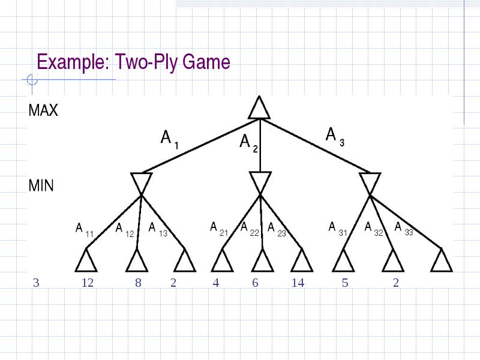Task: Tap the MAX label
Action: tap(43, 110)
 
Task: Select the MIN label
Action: tap(41, 185)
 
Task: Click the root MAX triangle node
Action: tap(259, 108)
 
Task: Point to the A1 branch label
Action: tap(170, 140)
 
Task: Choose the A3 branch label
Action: tap(335, 137)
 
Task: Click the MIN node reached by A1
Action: tap(141, 184)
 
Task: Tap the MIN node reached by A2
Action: tap(260, 183)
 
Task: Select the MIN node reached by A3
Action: tap(370, 184)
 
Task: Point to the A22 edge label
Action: tap(250, 229)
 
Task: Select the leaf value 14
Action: tap(298, 283)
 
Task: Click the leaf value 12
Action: tap(88, 283)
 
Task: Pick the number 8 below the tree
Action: tap(139, 283)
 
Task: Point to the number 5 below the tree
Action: tap(345, 283)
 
